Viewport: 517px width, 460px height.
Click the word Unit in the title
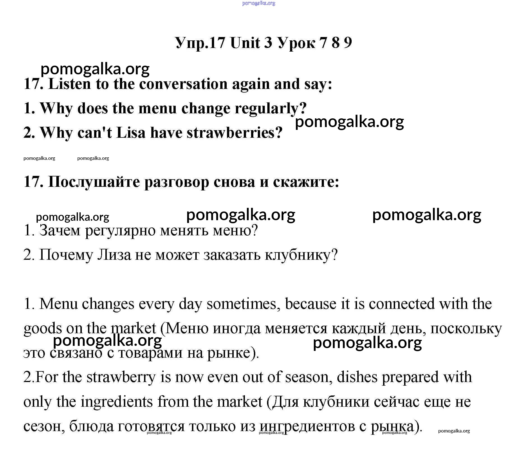245,43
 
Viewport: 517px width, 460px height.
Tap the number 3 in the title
268,43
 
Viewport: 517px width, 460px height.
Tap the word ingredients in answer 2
117,402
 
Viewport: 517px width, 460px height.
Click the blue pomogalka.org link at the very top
258,3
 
